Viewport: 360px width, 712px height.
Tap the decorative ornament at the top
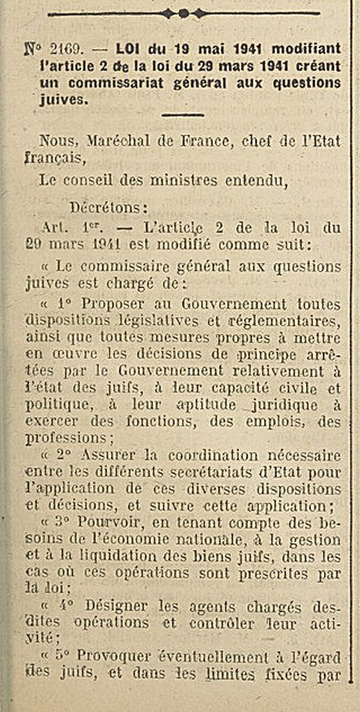[184, 12]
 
